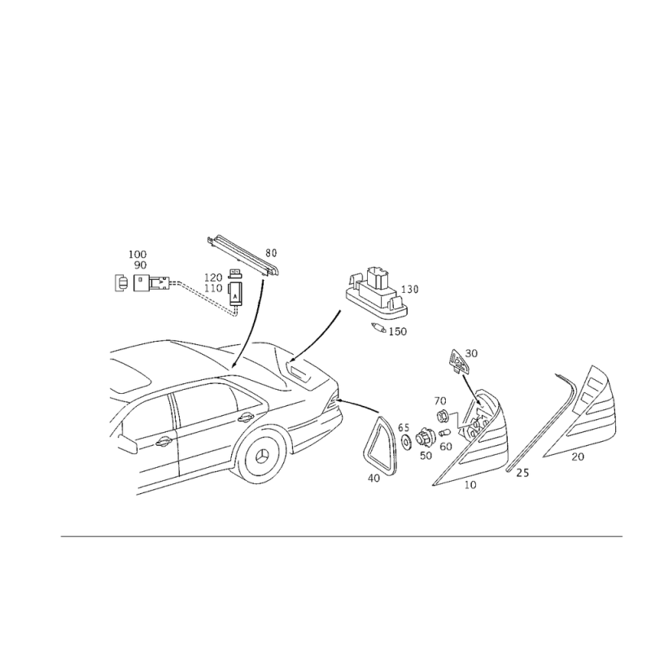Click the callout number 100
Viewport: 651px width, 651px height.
point(138,254)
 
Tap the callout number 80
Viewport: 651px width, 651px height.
point(271,253)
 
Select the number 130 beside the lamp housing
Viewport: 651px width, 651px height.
point(410,289)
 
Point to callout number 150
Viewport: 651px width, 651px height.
point(398,332)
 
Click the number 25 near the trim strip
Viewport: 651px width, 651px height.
point(522,473)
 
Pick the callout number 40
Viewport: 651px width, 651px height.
point(374,478)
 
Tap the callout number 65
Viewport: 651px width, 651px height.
point(404,427)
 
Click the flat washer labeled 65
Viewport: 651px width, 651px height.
point(404,442)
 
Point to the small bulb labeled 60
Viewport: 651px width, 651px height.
point(445,434)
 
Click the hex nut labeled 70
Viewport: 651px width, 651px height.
point(442,414)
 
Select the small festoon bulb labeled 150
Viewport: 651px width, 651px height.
point(378,328)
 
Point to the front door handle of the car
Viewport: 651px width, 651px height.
point(164,442)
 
